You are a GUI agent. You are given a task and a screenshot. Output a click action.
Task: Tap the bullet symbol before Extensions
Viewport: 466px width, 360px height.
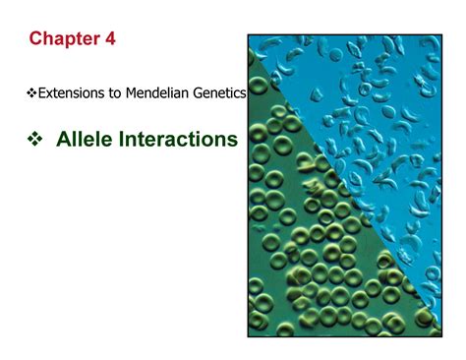29,93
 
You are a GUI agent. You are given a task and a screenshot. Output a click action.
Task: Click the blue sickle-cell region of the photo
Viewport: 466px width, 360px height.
393,118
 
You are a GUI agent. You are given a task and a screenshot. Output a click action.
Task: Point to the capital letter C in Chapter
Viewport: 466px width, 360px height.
35,38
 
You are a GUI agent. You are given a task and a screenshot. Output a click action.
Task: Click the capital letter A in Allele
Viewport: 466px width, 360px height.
64,141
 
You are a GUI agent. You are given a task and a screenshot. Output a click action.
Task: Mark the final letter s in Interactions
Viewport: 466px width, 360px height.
233,142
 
